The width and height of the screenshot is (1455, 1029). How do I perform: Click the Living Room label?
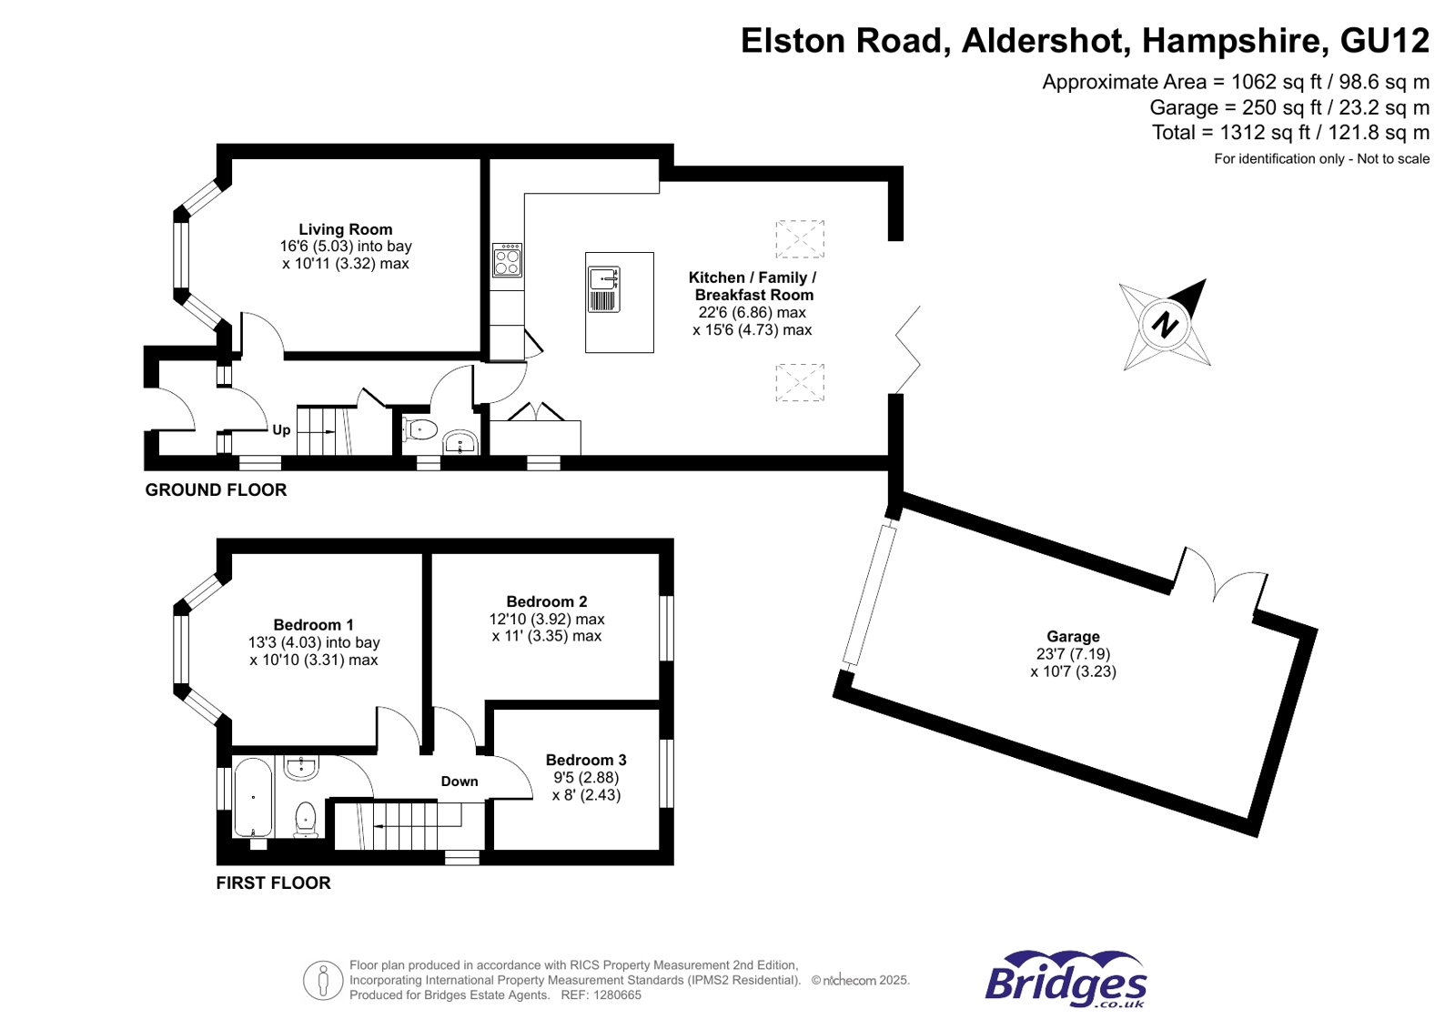coord(345,229)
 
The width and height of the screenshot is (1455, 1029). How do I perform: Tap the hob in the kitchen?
coord(507,260)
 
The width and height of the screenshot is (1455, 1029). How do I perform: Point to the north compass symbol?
coord(1166,324)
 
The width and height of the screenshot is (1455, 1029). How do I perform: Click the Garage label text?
coord(1072,637)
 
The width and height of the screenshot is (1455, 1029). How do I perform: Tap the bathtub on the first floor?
coord(253,798)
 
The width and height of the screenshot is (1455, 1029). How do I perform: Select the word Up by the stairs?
coord(281,430)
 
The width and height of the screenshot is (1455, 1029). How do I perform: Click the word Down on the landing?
coord(459,782)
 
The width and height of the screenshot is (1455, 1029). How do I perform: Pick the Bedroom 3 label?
coord(585,760)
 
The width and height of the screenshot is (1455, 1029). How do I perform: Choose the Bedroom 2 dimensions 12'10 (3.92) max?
coord(546,619)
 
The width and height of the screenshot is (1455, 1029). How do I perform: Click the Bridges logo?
coord(1066,980)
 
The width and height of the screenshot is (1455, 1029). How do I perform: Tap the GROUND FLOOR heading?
coord(216,490)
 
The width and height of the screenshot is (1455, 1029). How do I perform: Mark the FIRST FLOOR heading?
coord(273,883)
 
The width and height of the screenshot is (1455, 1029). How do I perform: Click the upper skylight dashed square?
coord(799,238)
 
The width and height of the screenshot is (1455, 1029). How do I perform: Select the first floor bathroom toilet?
coord(306,818)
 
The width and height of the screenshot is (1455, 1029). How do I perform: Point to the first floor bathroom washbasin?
coord(301,769)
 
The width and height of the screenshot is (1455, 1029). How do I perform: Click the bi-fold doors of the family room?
coord(908,350)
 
